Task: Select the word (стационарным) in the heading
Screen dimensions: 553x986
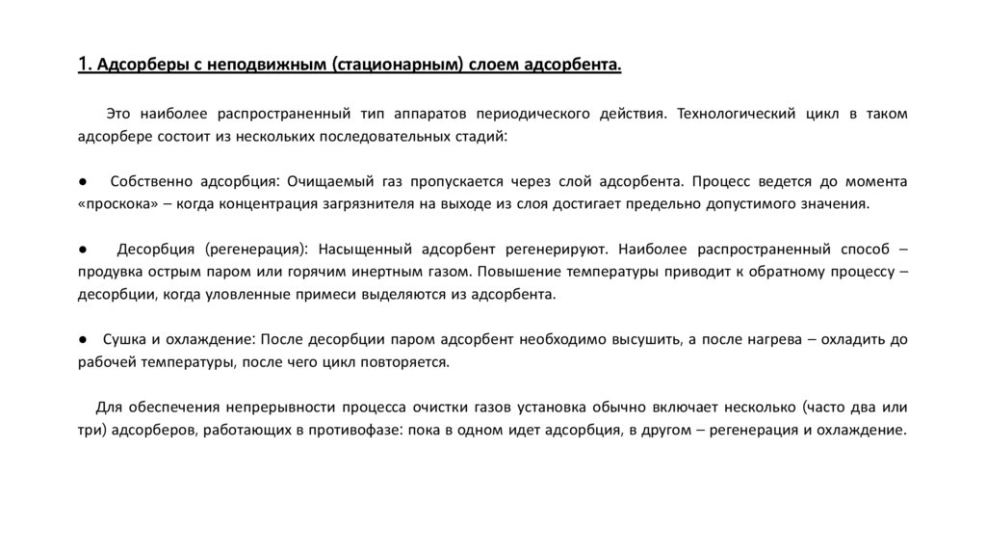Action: (x=401, y=65)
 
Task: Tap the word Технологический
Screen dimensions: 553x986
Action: (x=739, y=114)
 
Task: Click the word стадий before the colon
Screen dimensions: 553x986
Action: (x=479, y=137)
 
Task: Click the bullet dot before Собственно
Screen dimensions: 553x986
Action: (x=84, y=181)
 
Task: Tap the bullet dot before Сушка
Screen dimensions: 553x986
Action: (x=84, y=339)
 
